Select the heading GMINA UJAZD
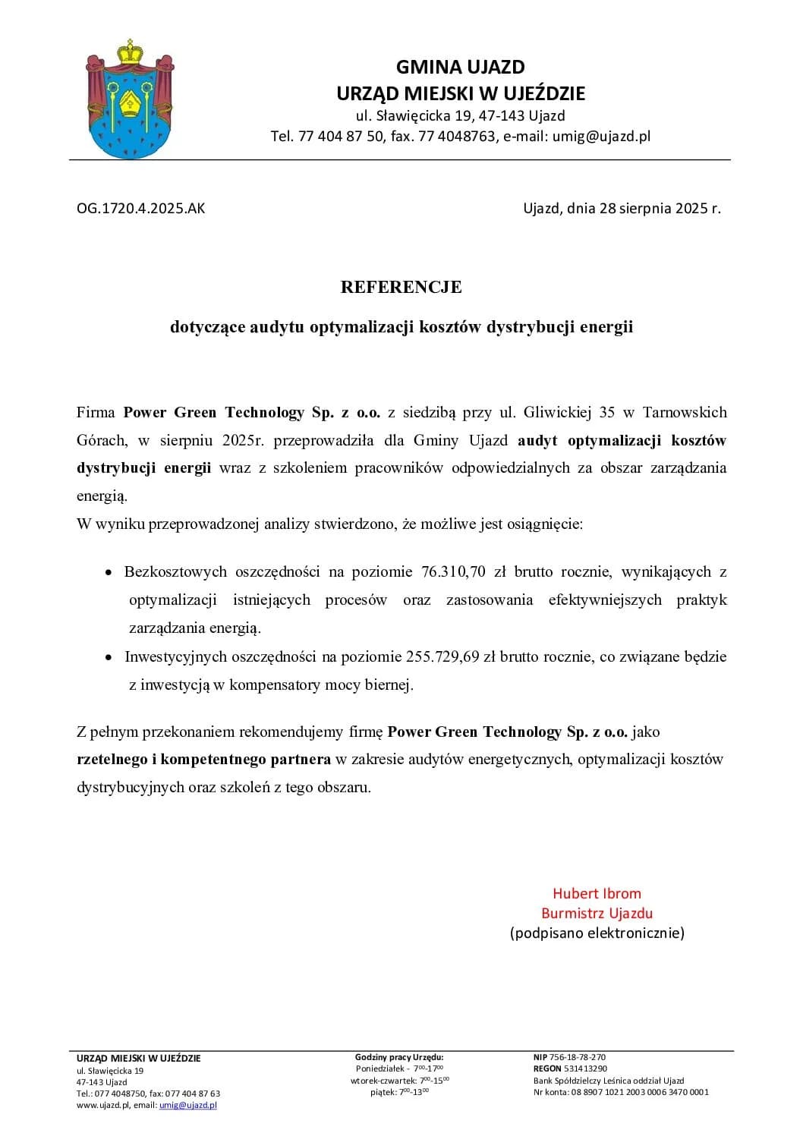pos(460,68)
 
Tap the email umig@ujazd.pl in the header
pos(601,137)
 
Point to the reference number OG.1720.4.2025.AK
pos(140,208)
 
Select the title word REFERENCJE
pos(401,287)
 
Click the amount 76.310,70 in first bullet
pos(453,571)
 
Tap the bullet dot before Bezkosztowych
pos(109,572)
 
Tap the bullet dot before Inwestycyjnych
pos(109,657)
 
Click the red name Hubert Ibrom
pos(597,893)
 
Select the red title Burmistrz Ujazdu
pos(597,913)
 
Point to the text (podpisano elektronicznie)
pos(597,933)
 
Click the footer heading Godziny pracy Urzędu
pos(399,1057)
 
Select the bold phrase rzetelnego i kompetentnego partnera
pos(203,759)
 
